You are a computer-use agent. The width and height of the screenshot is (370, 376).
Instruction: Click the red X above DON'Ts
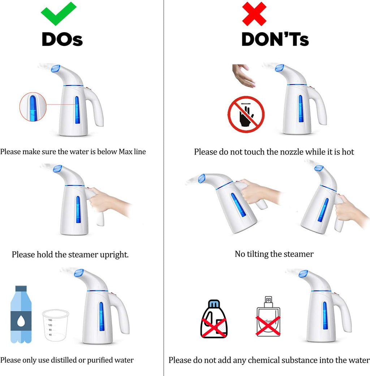(254, 14)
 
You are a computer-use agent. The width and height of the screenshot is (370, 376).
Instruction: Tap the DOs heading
(62, 39)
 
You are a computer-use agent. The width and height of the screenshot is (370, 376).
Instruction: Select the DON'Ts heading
(275, 39)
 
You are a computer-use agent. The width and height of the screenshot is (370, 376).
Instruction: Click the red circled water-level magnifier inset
(33, 107)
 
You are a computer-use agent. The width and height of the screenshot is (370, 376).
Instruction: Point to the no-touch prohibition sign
(246, 114)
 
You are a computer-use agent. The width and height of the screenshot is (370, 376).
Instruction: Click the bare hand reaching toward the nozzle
(243, 76)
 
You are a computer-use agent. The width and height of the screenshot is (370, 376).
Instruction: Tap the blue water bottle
(21, 314)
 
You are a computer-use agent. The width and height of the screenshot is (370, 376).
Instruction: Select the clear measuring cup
(56, 325)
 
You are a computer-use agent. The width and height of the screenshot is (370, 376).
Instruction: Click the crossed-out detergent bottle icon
(214, 319)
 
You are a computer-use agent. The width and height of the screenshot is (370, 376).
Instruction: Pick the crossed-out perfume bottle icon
(268, 317)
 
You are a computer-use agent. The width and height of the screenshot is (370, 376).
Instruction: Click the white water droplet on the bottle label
(21, 321)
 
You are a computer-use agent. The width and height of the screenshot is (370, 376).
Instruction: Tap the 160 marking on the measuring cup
(50, 320)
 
